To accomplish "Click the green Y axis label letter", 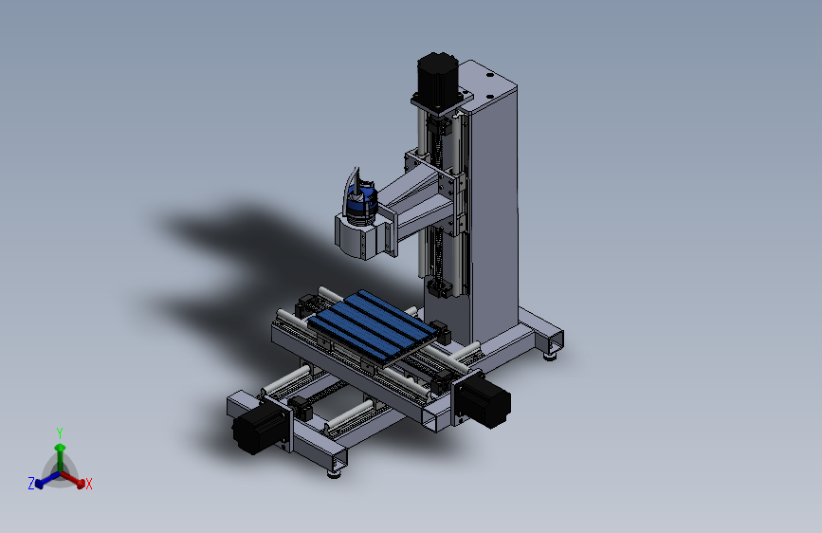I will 60,432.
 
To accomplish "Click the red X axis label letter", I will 88,485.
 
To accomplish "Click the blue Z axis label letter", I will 31,484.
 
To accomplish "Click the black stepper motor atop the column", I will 437,74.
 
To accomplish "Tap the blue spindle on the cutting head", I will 359,204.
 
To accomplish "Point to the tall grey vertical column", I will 493,209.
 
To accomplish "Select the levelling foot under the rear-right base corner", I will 551,355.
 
